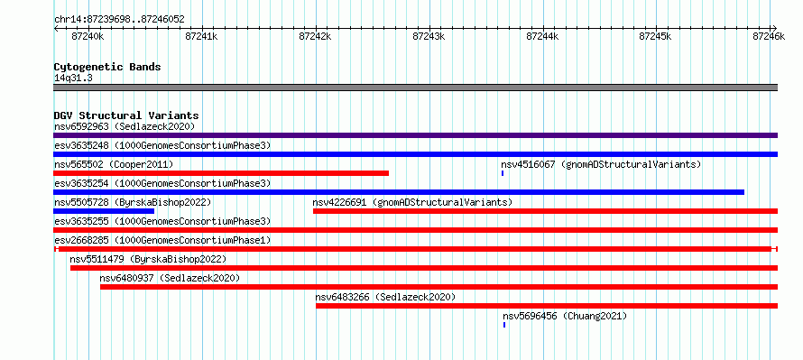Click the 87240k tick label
pos(88,36)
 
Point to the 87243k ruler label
pos(429,36)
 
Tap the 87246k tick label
pos(769,36)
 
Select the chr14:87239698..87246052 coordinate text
pos(119,20)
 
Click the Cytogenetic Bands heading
pos(107,67)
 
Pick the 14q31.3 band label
pos(73,78)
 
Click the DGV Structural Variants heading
pos(126,115)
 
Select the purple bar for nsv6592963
pos(415,135)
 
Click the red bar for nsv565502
pos(221,173)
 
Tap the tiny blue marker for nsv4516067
pos(503,173)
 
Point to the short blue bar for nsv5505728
pos(104,211)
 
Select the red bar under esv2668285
pos(415,249)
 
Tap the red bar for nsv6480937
pos(438,287)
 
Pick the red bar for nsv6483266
pos(547,306)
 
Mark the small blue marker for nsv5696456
pos(504,325)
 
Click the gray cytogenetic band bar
pos(415,88)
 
